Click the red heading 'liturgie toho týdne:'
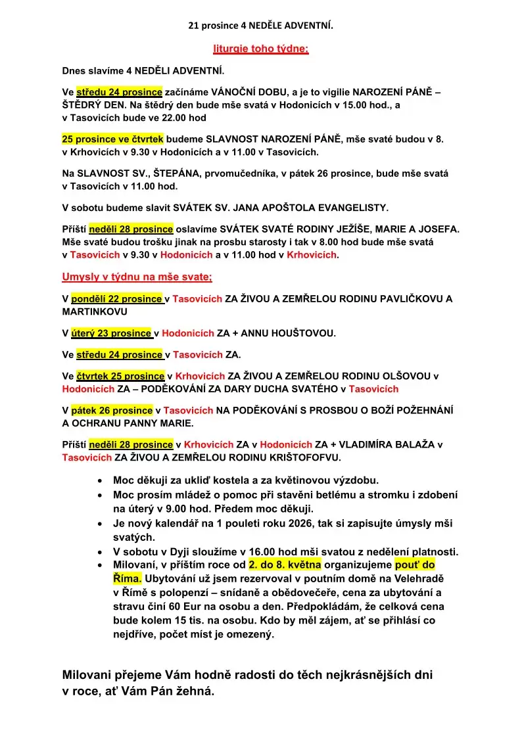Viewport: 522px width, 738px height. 260,49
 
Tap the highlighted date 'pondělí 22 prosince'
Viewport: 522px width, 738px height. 116,298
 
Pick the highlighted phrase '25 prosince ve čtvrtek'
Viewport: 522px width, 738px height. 112,139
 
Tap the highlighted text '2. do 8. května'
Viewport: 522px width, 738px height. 285,565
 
